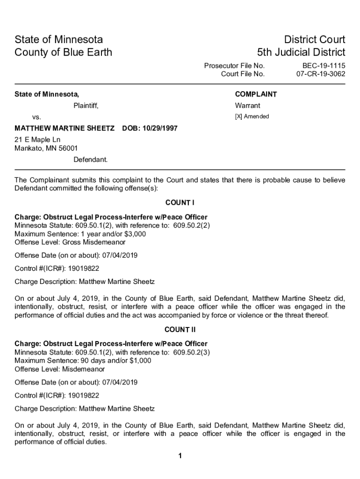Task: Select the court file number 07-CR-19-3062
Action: (x=321, y=74)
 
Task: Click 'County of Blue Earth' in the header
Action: (x=63, y=52)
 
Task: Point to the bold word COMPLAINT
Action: (x=256, y=94)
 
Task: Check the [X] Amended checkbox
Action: (x=238, y=116)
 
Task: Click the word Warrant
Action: (x=247, y=106)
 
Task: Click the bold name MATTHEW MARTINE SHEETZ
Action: (x=65, y=128)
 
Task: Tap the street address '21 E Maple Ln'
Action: (x=37, y=140)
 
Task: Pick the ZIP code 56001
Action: (x=68, y=148)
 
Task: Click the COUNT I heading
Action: (x=180, y=203)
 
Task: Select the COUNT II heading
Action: (x=180, y=330)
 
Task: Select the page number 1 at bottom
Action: (x=180, y=456)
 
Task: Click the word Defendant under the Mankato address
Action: (x=90, y=160)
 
